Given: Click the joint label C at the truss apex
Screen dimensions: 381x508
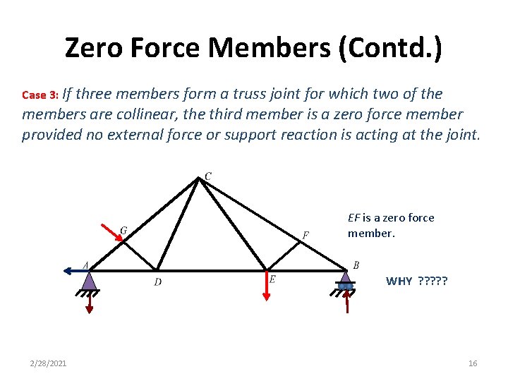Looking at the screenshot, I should [208, 175].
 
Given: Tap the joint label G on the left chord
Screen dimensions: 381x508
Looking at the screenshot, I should [123, 231].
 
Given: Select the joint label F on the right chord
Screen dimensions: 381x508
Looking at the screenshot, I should [306, 234].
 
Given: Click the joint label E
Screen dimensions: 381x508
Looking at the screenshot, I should [272, 279].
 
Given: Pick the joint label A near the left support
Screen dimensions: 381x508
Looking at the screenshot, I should [85, 265].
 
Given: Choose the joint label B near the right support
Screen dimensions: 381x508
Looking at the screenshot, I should [356, 265].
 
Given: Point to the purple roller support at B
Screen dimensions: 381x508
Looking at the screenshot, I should [345, 281].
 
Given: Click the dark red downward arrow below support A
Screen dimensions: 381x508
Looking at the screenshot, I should [89, 303].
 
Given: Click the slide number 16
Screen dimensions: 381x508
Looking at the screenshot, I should [473, 363].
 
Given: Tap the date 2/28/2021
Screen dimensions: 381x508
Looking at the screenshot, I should [49, 363].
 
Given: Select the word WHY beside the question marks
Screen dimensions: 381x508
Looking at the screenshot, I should [399, 282].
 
